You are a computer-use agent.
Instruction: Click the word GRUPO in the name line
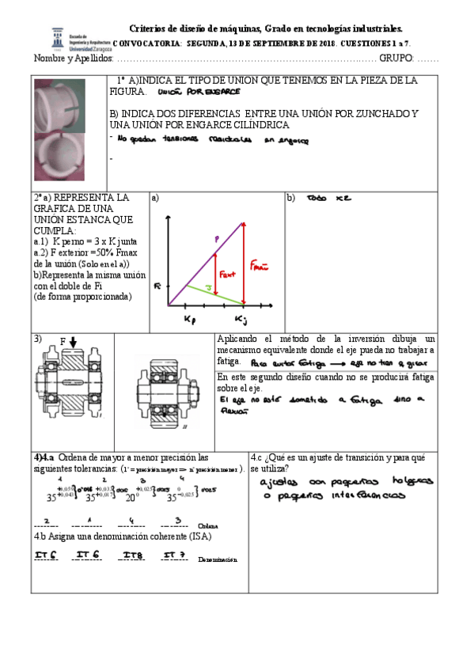coord(396,59)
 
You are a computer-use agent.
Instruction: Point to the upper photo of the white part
coord(65,106)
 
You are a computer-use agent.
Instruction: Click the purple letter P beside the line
coord(216,238)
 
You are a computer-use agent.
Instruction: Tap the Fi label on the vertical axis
coord(158,285)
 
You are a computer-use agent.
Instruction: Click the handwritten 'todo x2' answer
coord(327,198)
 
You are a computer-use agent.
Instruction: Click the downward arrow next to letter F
coord(73,343)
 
